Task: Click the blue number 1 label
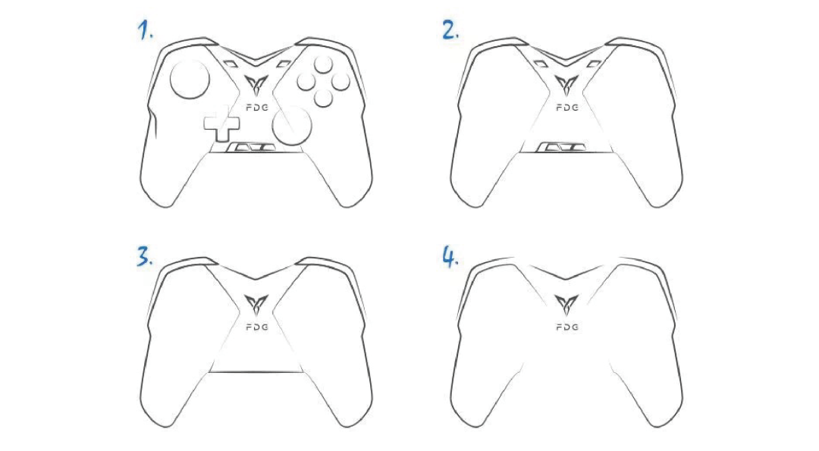tap(145, 30)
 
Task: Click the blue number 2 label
tap(450, 30)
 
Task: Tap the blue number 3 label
tap(145, 258)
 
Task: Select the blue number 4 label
tap(450, 258)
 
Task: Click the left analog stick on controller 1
tap(190, 80)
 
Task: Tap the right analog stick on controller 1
tap(292, 125)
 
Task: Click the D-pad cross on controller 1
tap(221, 124)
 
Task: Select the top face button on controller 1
tap(323, 64)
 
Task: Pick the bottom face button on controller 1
tap(324, 98)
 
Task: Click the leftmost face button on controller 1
tap(306, 81)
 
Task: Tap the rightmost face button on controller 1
tap(341, 81)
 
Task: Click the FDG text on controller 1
tap(257, 108)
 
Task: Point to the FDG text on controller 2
tap(567, 108)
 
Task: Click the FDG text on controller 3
tap(257, 327)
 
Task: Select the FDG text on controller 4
tap(567, 327)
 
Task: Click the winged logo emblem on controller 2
tap(566, 86)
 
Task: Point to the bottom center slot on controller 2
tap(562, 147)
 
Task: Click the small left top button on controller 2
tap(540, 64)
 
